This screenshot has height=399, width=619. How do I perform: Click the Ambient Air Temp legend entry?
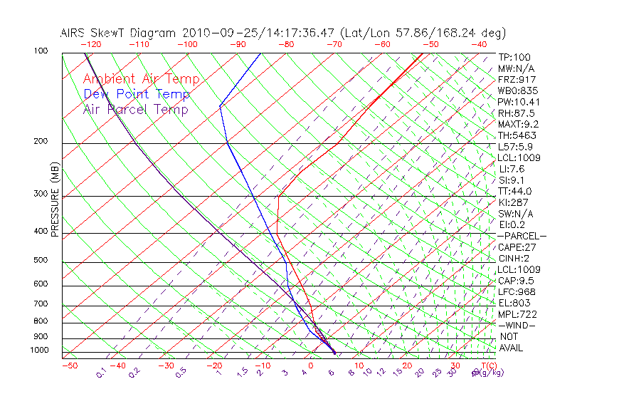coord(142,79)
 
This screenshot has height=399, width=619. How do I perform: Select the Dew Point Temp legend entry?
coord(137,94)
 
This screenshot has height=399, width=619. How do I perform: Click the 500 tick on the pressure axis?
coord(41,260)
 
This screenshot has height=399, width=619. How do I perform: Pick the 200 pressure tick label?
coord(41,141)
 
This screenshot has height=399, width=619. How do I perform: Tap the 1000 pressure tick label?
coord(38,350)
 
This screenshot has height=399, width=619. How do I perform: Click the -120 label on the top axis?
coord(90,44)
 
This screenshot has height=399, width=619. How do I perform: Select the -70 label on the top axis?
coord(334,44)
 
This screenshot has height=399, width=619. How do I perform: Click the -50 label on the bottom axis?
coord(69,366)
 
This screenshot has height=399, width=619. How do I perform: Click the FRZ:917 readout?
coord(517,79)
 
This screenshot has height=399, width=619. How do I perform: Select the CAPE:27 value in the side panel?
coord(517,247)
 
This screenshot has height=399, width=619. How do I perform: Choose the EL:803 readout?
coord(514,303)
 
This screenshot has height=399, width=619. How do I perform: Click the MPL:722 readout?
coord(517,314)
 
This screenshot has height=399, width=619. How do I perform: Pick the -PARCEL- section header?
coord(522,236)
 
